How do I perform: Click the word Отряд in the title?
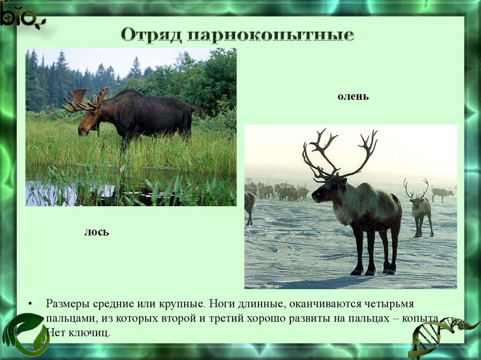pyautogui.click(x=151, y=35)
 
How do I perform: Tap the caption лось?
pyautogui.click(x=97, y=232)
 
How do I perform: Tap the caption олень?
pyautogui.click(x=353, y=96)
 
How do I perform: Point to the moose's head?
pyautogui.click(x=87, y=123)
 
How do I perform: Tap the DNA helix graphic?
pyautogui.click(x=442, y=337)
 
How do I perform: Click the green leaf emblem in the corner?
pyautogui.click(x=26, y=334)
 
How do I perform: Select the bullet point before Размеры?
pyautogui.click(x=30, y=304)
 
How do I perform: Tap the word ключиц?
pyautogui.click(x=89, y=333)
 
